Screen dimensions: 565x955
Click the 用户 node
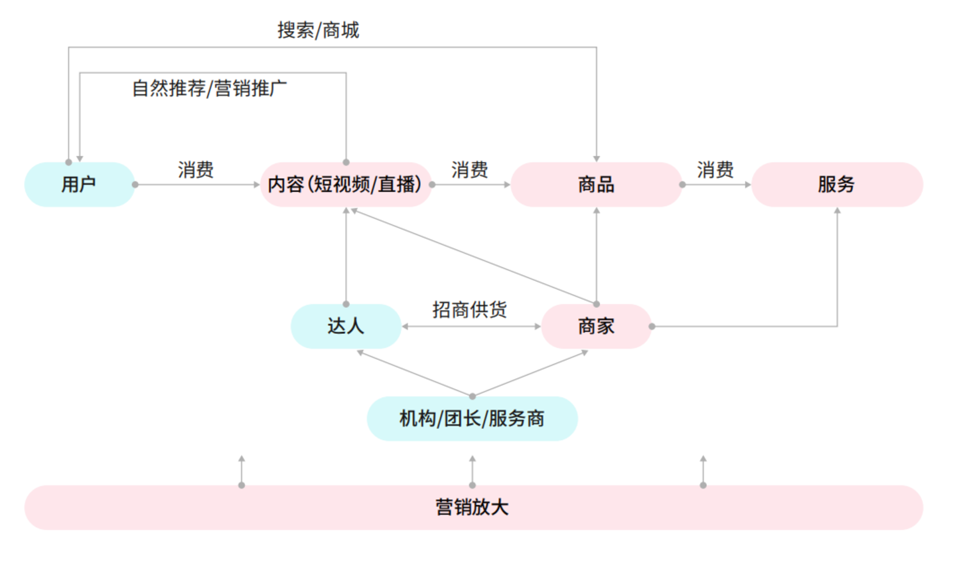(x=80, y=185)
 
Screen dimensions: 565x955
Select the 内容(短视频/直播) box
(x=345, y=185)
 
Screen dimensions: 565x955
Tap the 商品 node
(x=596, y=185)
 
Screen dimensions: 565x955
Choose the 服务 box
(x=836, y=185)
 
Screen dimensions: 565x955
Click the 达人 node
(x=346, y=326)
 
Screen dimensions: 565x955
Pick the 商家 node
(x=596, y=326)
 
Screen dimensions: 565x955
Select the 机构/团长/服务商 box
(x=472, y=419)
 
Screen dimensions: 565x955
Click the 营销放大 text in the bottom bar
(x=472, y=507)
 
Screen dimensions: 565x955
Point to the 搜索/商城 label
(x=318, y=30)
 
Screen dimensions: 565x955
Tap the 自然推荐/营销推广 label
(x=209, y=88)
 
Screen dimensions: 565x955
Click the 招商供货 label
(x=470, y=309)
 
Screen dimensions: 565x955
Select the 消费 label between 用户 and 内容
(x=196, y=170)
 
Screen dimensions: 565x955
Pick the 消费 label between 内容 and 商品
(x=470, y=170)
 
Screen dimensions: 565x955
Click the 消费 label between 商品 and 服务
(x=715, y=170)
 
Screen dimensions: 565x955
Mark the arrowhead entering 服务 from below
(x=837, y=211)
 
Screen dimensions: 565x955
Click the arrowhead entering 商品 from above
(x=596, y=159)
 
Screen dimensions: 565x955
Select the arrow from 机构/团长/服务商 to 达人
(x=415, y=374)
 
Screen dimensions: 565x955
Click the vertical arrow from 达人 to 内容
(x=346, y=256)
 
